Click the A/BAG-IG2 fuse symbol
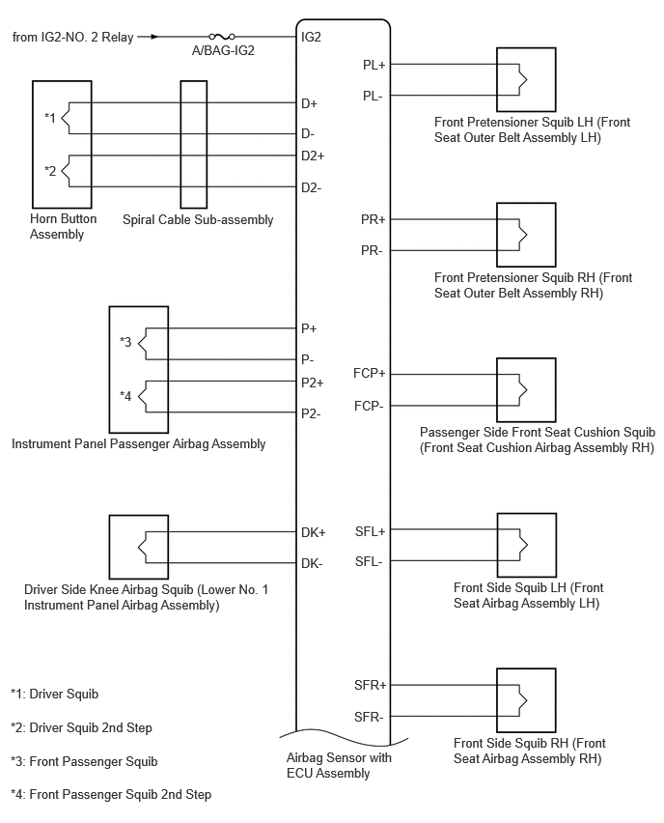(222, 37)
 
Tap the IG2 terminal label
(311, 38)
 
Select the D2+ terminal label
(313, 156)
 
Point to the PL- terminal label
(373, 96)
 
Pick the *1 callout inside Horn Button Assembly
(50, 118)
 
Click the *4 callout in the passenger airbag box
(125, 396)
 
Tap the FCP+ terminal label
(370, 373)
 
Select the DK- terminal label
(312, 564)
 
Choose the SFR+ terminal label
(371, 685)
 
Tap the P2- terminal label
(311, 414)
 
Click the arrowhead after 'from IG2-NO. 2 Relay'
(153, 37)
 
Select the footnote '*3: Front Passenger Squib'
(84, 761)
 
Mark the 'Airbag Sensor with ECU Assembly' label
(339, 765)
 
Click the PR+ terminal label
(373, 219)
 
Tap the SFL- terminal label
(369, 561)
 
